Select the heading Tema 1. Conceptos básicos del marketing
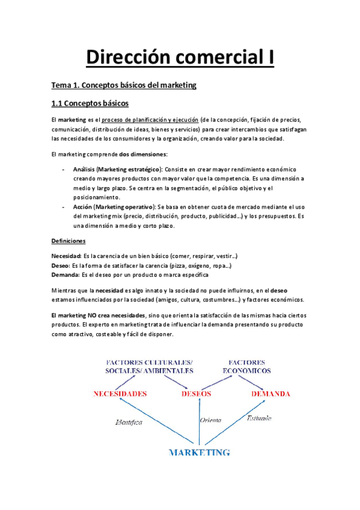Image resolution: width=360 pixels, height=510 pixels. tap(124, 85)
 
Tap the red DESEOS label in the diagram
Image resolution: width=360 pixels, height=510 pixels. tap(196, 395)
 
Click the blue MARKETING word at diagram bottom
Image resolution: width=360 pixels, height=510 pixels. tap(199, 451)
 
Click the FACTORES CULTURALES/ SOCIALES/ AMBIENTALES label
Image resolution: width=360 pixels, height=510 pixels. tap(149, 367)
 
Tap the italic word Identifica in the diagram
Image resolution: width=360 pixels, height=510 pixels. tap(128, 423)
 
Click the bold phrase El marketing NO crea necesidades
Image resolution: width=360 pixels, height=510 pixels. tap(98, 315)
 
